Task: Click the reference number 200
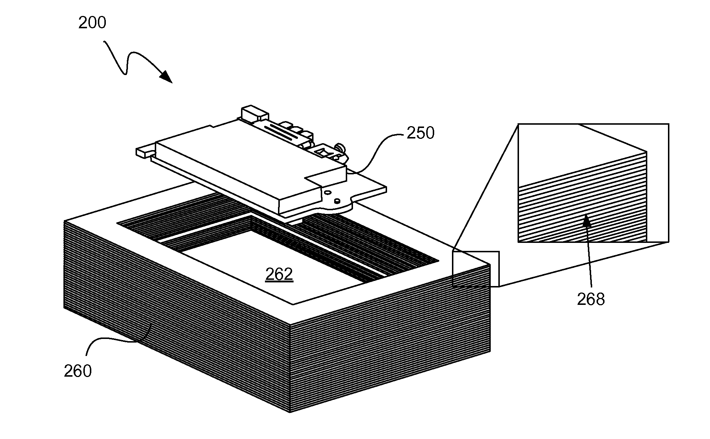click(x=92, y=23)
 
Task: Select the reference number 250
click(x=420, y=133)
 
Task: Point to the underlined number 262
click(x=279, y=275)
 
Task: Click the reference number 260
click(x=78, y=371)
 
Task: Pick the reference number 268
click(x=591, y=299)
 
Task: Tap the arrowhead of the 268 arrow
click(x=586, y=220)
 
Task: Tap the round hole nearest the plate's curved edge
click(x=337, y=200)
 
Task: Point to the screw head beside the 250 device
click(x=341, y=148)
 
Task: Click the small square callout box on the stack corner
click(x=476, y=269)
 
